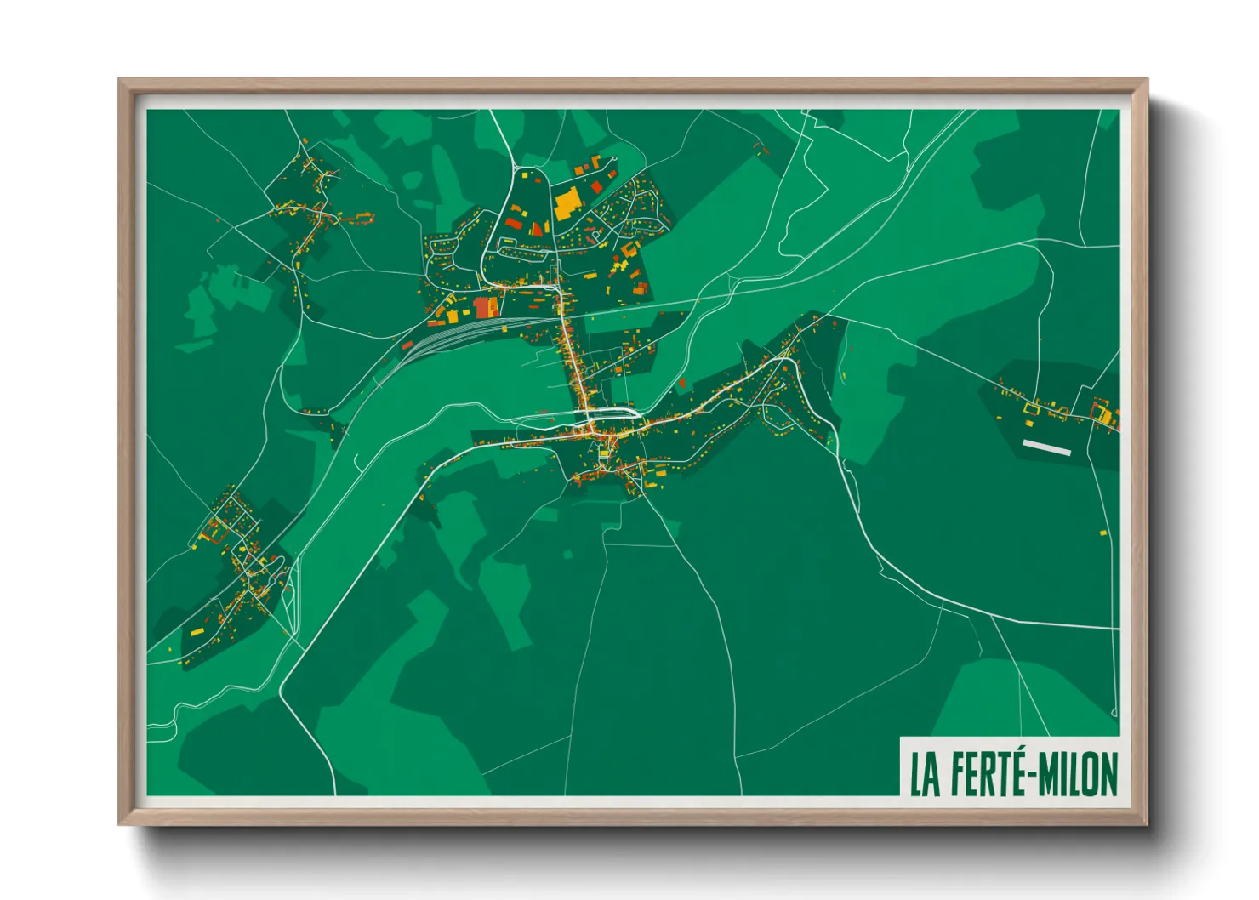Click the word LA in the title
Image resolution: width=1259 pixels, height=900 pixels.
tap(926, 774)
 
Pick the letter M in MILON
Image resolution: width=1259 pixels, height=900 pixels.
tap(1049, 774)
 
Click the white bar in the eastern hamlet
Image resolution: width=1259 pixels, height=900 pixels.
tap(1046, 447)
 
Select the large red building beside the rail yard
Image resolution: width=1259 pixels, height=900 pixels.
tap(486, 307)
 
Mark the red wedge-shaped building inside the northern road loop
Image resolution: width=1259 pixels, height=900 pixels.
tap(513, 224)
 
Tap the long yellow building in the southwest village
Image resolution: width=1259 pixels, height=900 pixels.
tap(197, 632)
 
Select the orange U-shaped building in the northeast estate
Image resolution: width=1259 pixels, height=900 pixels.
tap(629, 249)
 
